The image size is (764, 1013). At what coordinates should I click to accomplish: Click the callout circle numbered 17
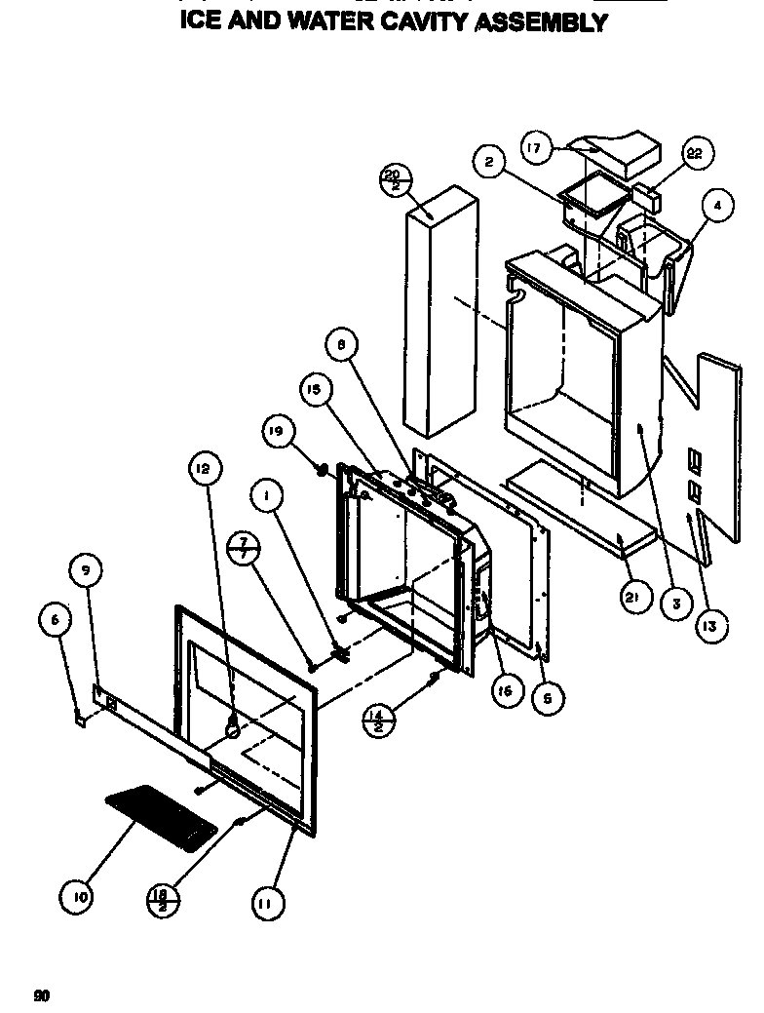[535, 149]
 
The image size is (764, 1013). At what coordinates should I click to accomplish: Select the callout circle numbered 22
[694, 154]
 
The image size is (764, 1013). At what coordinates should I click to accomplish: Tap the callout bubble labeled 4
[716, 206]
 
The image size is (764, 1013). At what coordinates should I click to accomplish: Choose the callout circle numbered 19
[278, 430]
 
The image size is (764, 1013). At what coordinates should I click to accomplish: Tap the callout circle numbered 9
[86, 571]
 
